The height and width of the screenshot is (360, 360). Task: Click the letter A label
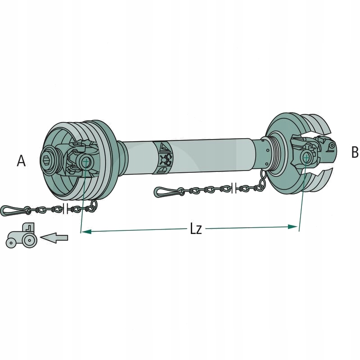(21, 161)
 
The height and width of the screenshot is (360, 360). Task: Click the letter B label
(355, 153)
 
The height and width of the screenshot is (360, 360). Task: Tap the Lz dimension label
(196, 229)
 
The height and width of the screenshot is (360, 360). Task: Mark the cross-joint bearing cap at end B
(306, 157)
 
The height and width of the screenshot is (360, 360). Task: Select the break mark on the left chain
(66, 208)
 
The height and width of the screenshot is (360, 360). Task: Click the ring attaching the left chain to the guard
(93, 205)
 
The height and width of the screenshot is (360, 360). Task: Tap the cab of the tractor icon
(28, 228)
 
